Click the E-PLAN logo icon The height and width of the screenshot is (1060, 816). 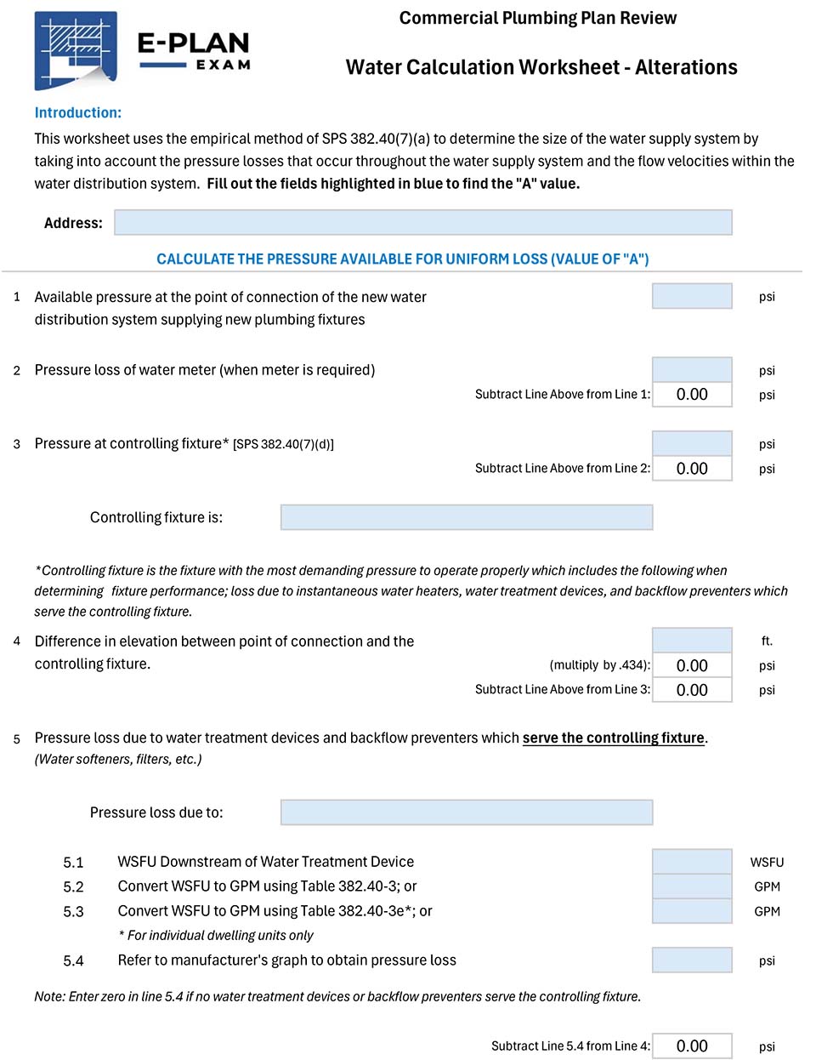76,51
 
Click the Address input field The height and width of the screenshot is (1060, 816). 422,223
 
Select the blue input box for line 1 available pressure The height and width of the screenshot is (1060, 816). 691,296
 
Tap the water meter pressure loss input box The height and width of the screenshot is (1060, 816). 691,370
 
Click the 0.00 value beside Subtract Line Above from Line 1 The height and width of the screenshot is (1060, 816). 691,395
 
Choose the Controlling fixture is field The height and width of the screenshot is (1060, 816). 466,517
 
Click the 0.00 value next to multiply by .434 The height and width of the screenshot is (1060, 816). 691,665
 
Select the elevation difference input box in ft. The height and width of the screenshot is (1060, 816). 691,641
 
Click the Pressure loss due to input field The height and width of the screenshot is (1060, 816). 466,812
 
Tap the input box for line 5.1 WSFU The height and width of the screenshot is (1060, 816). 691,862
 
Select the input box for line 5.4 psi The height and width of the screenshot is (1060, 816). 691,960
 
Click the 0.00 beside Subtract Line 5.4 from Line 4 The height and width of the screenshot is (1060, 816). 691,1046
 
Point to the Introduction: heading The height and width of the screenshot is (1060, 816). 78,112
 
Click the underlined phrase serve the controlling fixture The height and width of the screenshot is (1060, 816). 613,738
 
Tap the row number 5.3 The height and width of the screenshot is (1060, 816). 74,911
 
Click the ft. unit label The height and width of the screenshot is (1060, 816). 767,641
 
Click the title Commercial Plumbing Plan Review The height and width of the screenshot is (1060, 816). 537,18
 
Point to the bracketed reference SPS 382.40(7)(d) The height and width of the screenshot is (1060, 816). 283,444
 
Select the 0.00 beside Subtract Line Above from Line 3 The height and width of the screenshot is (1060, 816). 691,690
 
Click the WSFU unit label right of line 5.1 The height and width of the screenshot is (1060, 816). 767,862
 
